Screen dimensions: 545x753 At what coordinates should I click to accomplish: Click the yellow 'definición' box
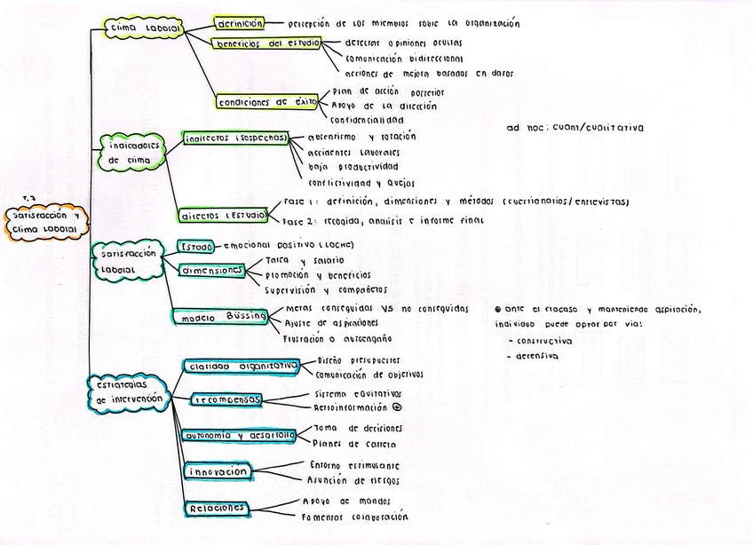[239, 23]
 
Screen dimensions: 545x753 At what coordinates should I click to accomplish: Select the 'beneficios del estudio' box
[266, 43]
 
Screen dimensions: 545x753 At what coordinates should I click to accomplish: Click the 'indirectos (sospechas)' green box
[235, 138]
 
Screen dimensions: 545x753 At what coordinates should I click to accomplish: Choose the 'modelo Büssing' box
[218, 317]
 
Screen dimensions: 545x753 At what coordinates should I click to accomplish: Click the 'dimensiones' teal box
[210, 270]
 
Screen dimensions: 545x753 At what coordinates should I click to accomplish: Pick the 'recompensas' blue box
[227, 400]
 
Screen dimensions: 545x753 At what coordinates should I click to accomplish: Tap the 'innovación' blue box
[218, 471]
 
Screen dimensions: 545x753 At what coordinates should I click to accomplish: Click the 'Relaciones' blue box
[216, 508]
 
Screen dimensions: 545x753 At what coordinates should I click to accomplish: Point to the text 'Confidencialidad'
[367, 120]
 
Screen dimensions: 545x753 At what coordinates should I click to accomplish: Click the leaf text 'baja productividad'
[353, 167]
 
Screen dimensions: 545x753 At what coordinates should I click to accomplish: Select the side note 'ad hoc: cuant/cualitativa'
[575, 128]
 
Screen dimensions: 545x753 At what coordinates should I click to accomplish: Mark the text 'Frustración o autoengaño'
[337, 338]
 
